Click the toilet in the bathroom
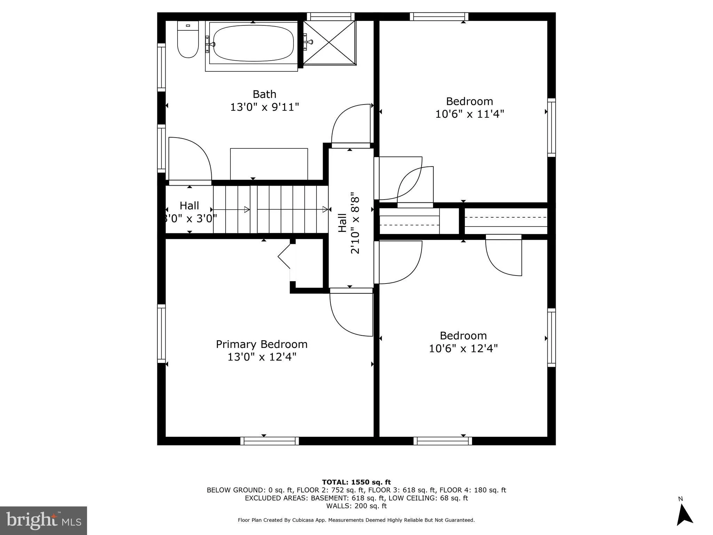pyautogui.click(x=188, y=40)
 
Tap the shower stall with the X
pyautogui.click(x=329, y=42)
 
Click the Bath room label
pyautogui.click(x=264, y=94)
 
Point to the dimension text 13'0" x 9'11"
pyautogui.click(x=264, y=107)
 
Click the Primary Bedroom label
pyautogui.click(x=261, y=344)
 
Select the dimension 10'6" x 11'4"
pyautogui.click(x=469, y=114)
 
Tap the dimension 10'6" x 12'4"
pyautogui.click(x=463, y=348)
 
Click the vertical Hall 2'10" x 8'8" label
pyautogui.click(x=349, y=223)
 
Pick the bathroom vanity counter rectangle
pyautogui.click(x=269, y=164)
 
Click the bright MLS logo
pyautogui.click(x=44, y=520)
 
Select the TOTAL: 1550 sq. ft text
pyautogui.click(x=356, y=482)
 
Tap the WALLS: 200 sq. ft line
pyautogui.click(x=356, y=506)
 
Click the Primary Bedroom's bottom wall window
pyautogui.click(x=269, y=441)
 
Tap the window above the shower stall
pyautogui.click(x=330, y=16)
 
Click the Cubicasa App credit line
pyautogui.click(x=356, y=520)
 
